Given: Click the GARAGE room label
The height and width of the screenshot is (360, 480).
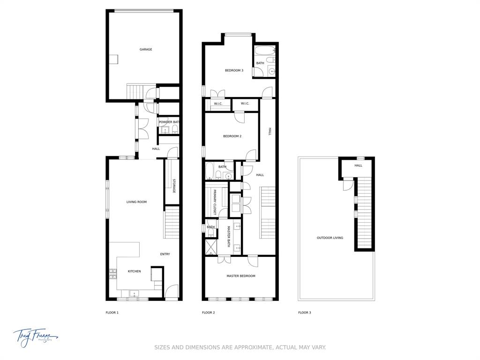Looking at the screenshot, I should click(x=146, y=49).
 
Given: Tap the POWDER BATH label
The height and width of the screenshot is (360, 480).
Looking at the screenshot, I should click(x=169, y=122).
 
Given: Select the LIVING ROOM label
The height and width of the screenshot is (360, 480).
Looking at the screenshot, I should click(x=136, y=202).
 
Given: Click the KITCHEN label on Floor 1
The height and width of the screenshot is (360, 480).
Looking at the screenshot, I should click(x=134, y=271).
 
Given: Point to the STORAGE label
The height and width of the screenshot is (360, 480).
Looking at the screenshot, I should click(x=173, y=186).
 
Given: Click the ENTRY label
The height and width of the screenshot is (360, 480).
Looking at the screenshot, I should click(x=165, y=254).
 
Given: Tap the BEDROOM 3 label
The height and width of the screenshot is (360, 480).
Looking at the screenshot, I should click(x=234, y=70).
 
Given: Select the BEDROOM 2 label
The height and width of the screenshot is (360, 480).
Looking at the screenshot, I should click(x=232, y=136).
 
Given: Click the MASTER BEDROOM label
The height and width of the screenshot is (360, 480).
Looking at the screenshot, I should click(x=241, y=276).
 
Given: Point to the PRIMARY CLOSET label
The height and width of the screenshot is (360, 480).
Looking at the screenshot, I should click(x=215, y=202).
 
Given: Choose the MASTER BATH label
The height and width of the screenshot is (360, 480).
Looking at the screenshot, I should click(x=229, y=237).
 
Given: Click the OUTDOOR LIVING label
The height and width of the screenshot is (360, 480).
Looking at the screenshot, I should click(x=330, y=238).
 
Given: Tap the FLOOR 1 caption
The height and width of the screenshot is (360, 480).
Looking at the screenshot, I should click(x=112, y=313).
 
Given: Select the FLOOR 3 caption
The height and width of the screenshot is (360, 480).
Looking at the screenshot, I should click(x=304, y=313).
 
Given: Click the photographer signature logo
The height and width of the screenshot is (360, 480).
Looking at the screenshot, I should click(x=35, y=336).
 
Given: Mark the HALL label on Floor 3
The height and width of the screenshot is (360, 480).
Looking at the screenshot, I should click(x=358, y=165).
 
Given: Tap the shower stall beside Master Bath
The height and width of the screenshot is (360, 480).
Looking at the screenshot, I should click(x=210, y=247).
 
